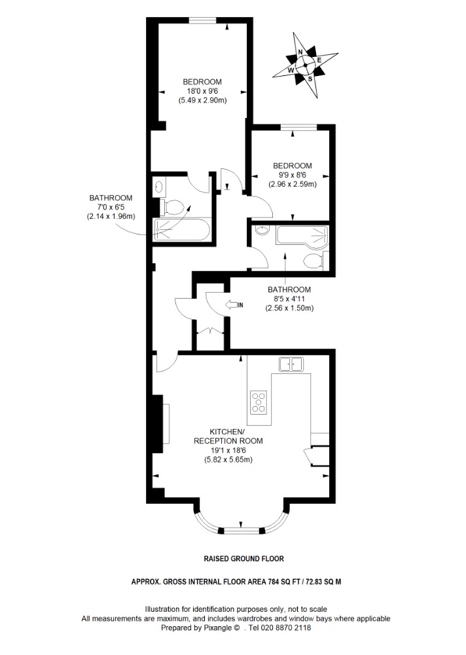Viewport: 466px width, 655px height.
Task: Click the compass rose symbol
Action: coord(305,64)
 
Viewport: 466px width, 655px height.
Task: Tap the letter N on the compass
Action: coord(300,52)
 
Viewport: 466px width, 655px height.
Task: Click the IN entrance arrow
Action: coord(234,305)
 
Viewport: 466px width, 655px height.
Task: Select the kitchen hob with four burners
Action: coord(259,402)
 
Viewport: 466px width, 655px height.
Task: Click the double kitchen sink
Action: coord(291,364)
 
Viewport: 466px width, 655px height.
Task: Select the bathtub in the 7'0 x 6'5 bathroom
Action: coord(181,229)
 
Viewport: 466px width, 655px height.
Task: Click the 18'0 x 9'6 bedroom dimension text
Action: coord(202,91)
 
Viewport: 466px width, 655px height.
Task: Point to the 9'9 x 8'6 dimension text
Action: coord(293,175)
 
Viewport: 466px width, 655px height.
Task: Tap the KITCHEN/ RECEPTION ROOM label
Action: coord(228,436)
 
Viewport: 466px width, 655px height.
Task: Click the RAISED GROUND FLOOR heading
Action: coord(243,559)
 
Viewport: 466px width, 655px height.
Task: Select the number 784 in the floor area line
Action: coord(274,582)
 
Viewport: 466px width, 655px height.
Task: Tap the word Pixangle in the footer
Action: coord(217,628)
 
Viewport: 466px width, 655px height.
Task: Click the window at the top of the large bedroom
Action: coord(202,20)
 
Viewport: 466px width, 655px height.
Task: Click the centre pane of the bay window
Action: coord(242,531)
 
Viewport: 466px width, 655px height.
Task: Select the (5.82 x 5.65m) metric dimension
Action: coord(228,460)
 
